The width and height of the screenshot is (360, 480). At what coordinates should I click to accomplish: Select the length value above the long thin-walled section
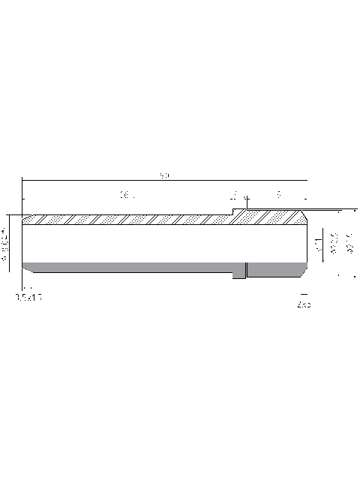pyautogui.click(x=125, y=196)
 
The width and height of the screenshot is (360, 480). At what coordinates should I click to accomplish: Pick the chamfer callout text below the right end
pyautogui.click(x=304, y=306)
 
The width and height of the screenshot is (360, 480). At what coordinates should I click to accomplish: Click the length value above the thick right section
pyautogui.click(x=279, y=195)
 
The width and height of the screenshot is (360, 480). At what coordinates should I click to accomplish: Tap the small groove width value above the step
pyautogui.click(x=235, y=196)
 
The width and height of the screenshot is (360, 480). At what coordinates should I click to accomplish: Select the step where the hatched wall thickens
pyautogui.click(x=234, y=214)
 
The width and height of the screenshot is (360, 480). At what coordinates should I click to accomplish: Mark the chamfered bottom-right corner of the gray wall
pyautogui.click(x=304, y=268)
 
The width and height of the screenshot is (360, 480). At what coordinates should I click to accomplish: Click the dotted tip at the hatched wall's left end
pyautogui.click(x=27, y=220)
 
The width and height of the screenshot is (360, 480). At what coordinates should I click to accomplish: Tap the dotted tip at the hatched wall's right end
pyautogui.click(x=303, y=217)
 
